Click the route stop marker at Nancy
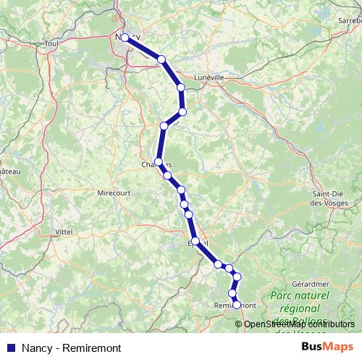coord(125,38)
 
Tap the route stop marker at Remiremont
coord(236,305)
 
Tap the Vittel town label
coord(64,232)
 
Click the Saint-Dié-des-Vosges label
coord(329,198)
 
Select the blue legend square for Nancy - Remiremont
coord(10,347)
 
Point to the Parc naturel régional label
coord(299,303)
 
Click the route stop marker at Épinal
coord(195,241)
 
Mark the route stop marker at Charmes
coord(159,162)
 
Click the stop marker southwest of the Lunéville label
coord(181,87)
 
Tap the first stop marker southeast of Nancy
coord(162,59)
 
